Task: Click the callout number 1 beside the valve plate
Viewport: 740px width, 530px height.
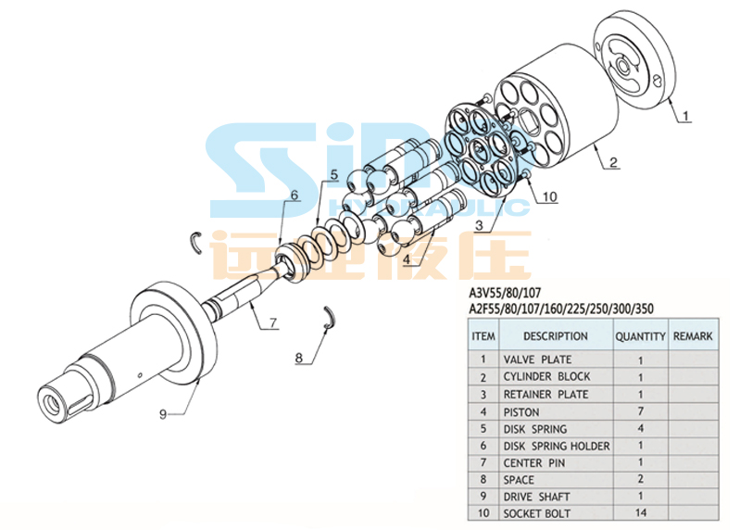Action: tap(685, 116)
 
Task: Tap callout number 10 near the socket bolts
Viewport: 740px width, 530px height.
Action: tap(550, 196)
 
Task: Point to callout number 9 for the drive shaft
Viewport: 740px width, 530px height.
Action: tap(163, 414)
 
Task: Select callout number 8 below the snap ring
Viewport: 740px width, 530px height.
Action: tap(299, 358)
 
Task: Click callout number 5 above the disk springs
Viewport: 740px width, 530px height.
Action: tap(334, 174)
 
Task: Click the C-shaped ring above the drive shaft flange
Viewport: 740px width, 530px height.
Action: tap(195, 242)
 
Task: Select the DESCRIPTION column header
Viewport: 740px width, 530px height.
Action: tap(556, 336)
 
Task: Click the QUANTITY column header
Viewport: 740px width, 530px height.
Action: tap(640, 336)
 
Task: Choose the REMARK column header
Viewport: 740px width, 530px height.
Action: tap(693, 336)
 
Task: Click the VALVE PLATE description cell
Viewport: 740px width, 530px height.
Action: tap(537, 360)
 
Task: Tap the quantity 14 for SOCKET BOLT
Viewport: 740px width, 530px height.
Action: tap(640, 512)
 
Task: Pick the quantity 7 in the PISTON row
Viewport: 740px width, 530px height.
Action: tap(640, 411)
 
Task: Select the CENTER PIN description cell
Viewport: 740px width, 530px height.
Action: tap(534, 463)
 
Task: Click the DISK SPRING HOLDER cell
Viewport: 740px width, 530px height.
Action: tap(557, 446)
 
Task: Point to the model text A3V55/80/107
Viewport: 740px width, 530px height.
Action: tap(505, 293)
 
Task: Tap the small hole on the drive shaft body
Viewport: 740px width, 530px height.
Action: tap(140, 375)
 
